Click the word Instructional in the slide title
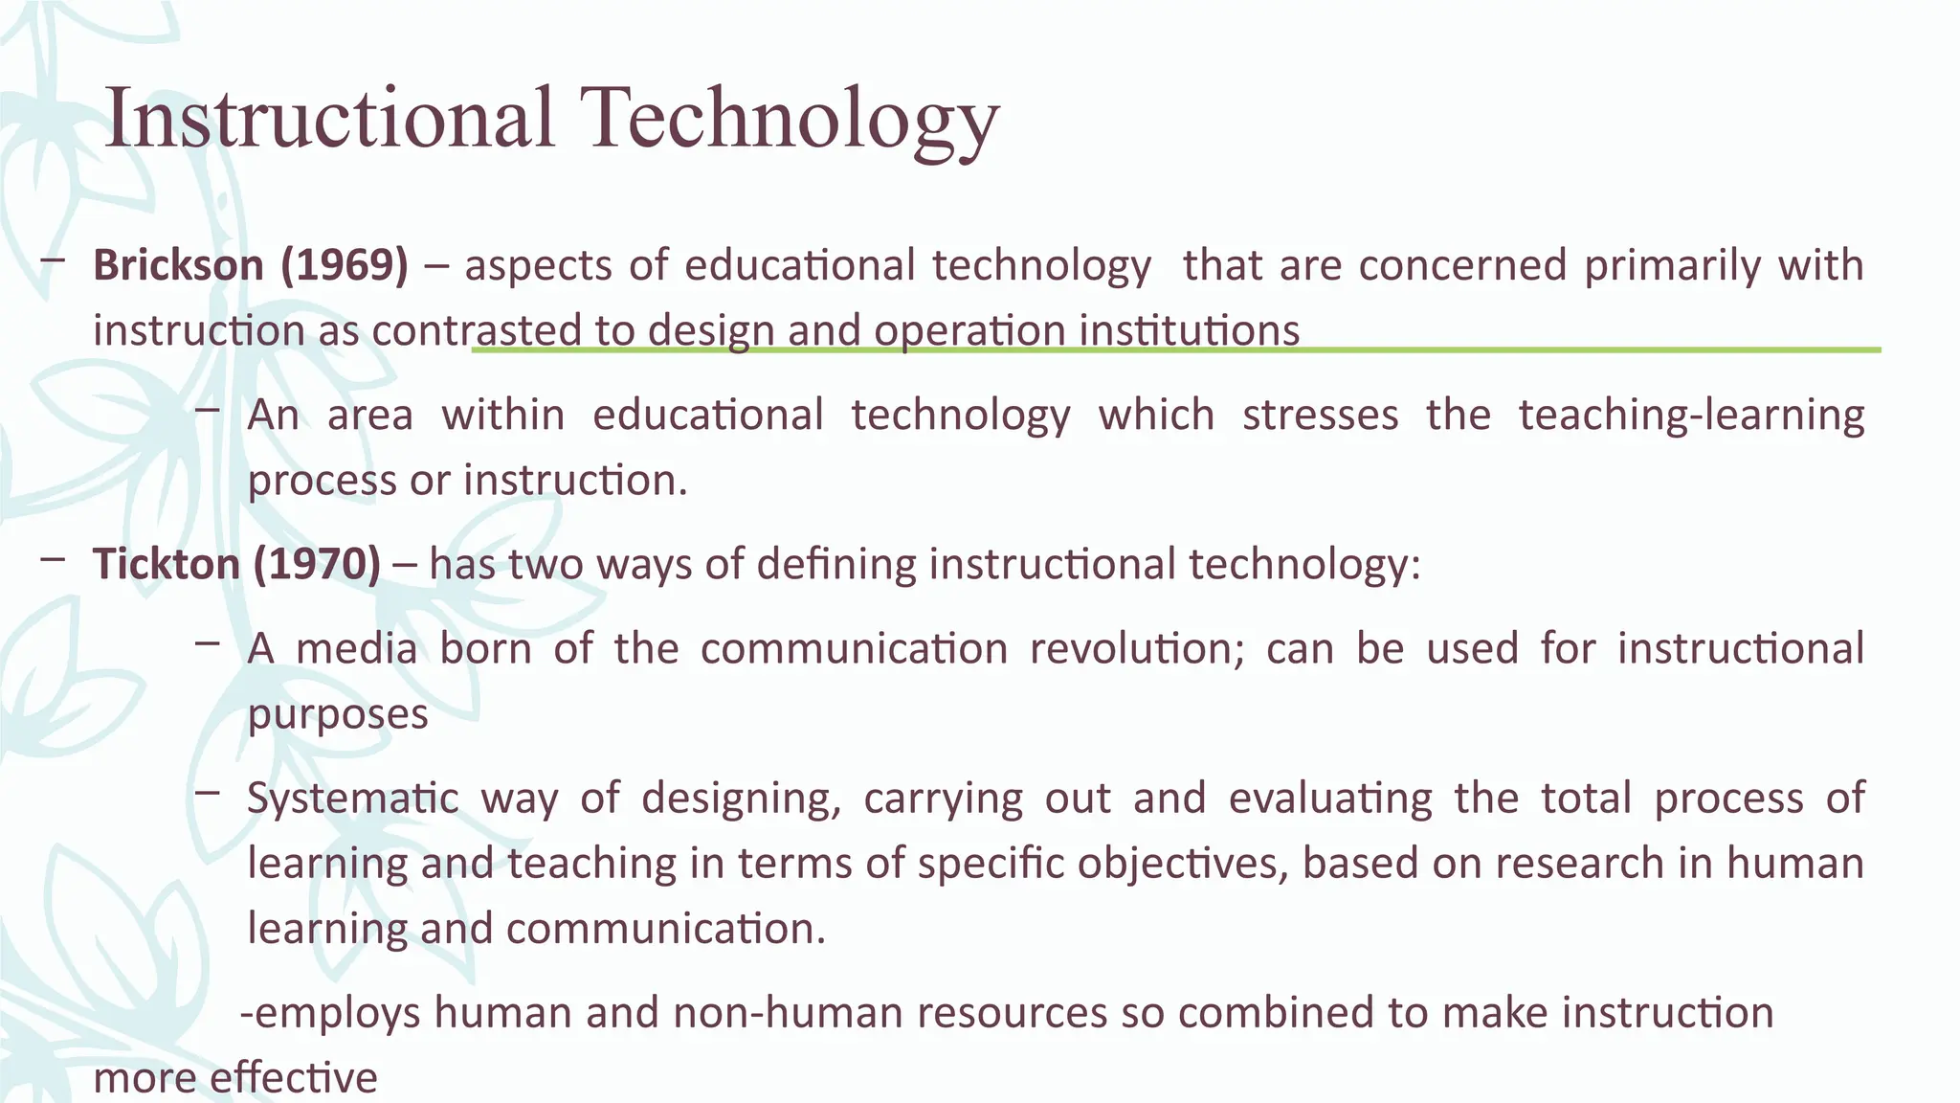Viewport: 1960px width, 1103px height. coord(329,119)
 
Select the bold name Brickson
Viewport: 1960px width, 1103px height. coord(178,265)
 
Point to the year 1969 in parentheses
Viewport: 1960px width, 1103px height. coord(345,265)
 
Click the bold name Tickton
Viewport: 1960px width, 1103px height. coord(165,564)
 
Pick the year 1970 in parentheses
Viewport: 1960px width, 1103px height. coord(318,564)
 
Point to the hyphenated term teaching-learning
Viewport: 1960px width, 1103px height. coord(1691,416)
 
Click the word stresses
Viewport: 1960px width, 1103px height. coord(1320,416)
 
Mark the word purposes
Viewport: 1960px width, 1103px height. coord(338,714)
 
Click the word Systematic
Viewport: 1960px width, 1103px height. coord(353,799)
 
